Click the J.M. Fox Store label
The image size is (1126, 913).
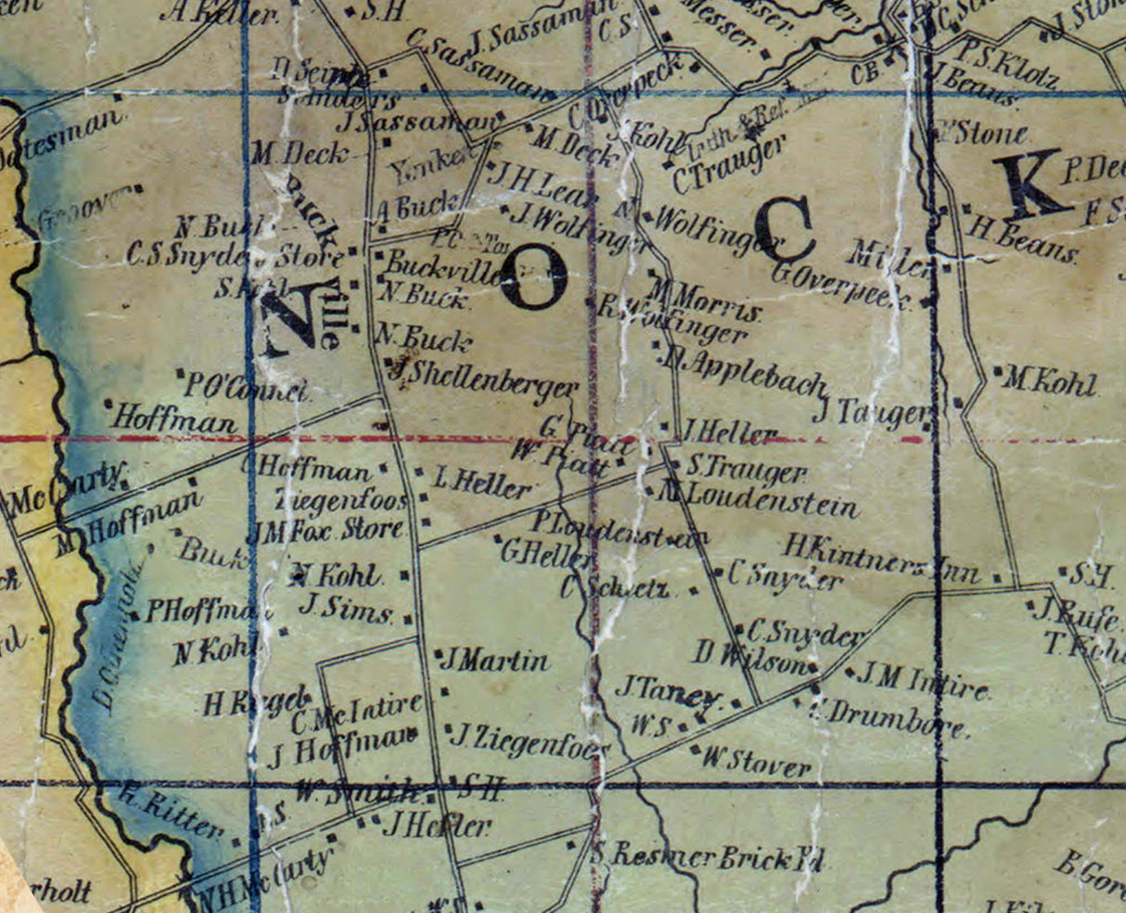(x=328, y=532)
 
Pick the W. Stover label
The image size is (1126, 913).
(x=756, y=762)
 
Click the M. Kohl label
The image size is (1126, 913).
(x=1051, y=382)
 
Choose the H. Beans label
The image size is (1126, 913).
(x=1023, y=238)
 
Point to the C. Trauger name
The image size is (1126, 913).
(x=729, y=163)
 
